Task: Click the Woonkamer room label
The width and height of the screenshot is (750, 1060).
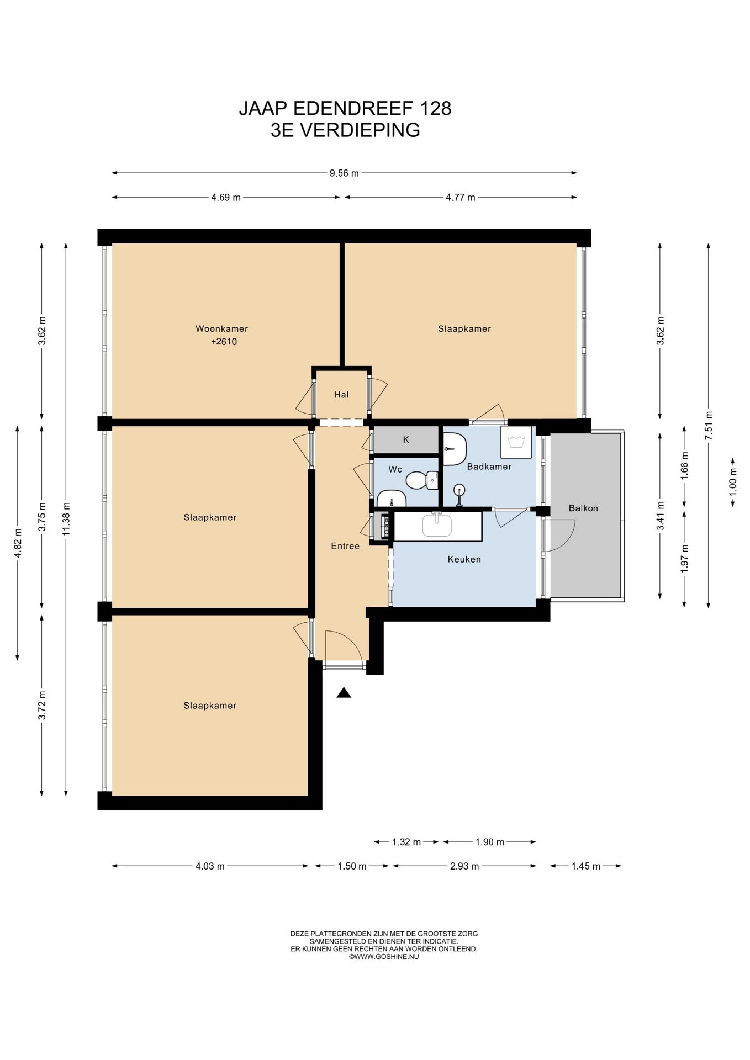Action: click(221, 329)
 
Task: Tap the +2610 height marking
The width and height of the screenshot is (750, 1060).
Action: click(224, 342)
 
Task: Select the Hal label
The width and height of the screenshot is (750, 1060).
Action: click(341, 395)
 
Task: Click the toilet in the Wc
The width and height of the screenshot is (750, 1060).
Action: click(421, 480)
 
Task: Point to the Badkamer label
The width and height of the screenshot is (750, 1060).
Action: click(489, 467)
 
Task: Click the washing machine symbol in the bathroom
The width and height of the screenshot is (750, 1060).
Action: click(516, 442)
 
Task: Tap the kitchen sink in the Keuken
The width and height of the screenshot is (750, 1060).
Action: click(437, 525)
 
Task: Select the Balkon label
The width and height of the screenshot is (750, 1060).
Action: click(583, 508)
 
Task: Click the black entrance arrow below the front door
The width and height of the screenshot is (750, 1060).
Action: click(344, 693)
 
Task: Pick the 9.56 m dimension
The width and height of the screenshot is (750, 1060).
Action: click(344, 173)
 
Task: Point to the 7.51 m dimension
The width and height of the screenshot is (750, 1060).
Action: click(709, 426)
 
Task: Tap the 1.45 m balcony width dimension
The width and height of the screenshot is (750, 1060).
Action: click(585, 866)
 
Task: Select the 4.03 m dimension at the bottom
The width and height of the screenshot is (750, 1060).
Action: click(210, 866)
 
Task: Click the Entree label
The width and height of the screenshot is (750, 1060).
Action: click(345, 546)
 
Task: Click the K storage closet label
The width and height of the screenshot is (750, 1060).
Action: click(406, 440)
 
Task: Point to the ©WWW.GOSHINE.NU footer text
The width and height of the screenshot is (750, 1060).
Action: click(384, 957)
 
